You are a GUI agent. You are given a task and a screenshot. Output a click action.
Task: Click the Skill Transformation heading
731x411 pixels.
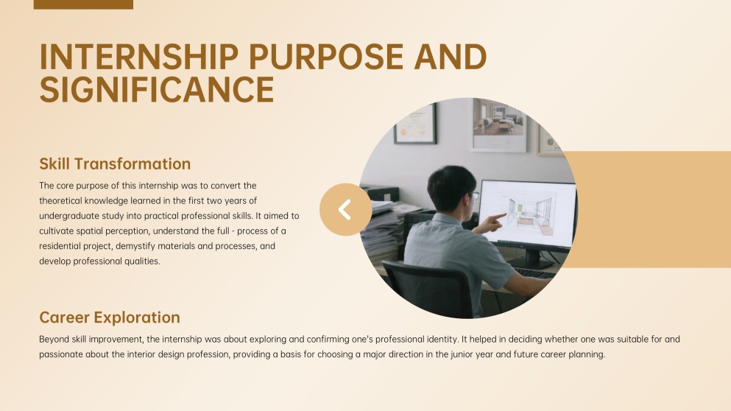click(115, 164)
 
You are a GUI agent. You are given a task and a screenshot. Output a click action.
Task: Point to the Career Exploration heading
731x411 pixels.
click(110, 317)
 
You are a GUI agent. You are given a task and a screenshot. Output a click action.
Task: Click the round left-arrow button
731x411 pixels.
click(345, 209)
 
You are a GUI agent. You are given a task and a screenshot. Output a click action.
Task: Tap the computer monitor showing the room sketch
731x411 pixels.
click(526, 214)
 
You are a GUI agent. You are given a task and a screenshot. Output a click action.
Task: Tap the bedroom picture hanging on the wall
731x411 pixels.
click(499, 124)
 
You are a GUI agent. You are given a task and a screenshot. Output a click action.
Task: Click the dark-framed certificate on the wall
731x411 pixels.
click(416, 123)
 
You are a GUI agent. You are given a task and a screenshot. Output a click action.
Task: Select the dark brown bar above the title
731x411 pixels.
click(83, 4)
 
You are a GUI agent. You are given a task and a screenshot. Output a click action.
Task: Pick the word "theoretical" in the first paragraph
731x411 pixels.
click(63, 200)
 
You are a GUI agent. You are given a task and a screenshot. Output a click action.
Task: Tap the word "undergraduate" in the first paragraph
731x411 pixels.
click(68, 216)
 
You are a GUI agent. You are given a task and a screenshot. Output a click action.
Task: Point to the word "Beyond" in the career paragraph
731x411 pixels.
click(53, 340)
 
